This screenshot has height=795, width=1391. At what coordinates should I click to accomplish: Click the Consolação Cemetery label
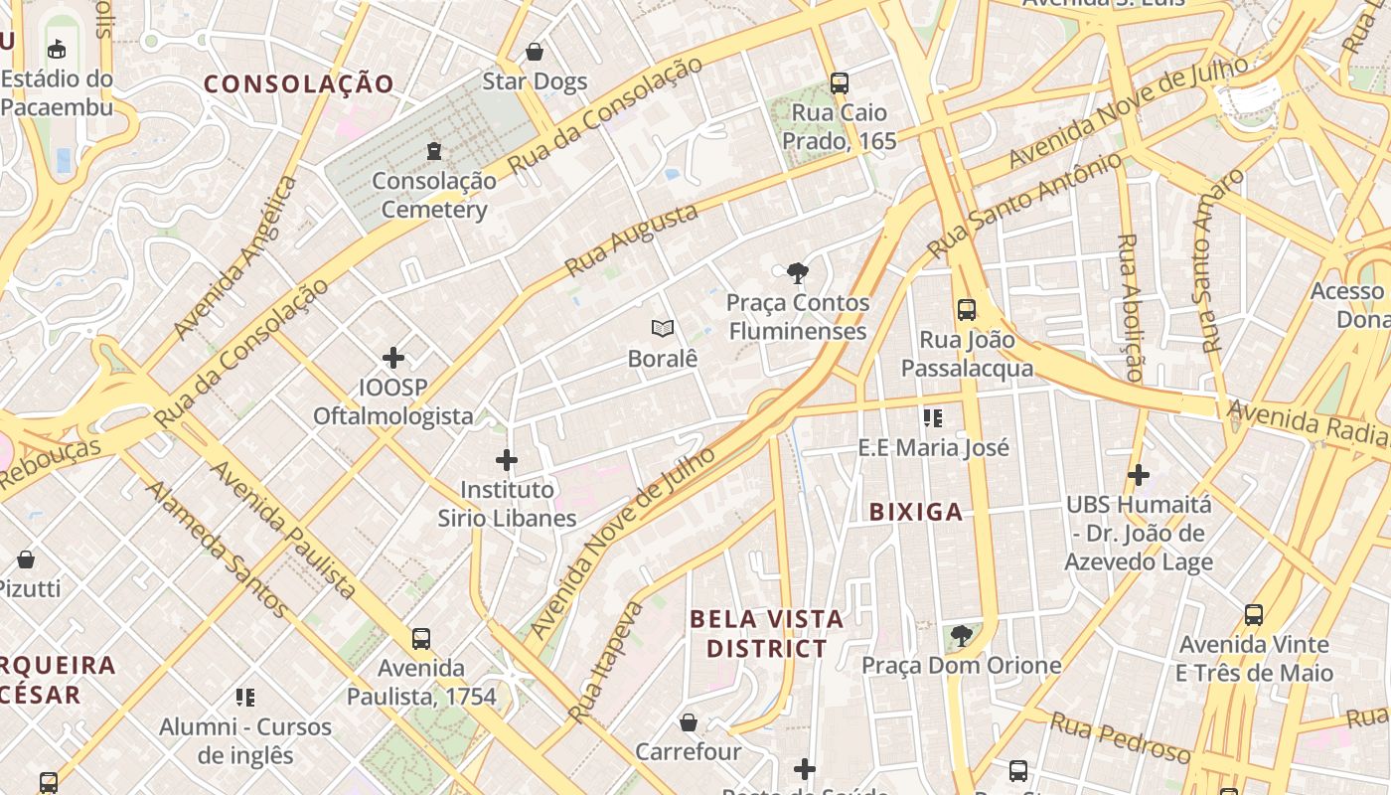click(x=434, y=195)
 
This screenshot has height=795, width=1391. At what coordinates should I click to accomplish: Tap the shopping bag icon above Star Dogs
click(x=535, y=52)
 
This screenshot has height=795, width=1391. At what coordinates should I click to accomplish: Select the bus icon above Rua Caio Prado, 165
click(x=840, y=83)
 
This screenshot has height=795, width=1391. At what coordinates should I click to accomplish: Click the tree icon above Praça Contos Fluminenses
click(x=797, y=273)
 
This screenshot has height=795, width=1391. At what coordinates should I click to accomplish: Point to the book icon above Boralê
click(x=663, y=328)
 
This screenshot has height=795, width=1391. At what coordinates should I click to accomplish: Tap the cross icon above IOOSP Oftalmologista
click(x=393, y=358)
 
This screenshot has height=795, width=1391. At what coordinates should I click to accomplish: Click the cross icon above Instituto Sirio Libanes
click(x=507, y=460)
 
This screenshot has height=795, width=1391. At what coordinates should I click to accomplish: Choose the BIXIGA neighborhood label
click(x=916, y=512)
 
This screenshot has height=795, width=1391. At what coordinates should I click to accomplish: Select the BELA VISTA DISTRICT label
click(x=766, y=634)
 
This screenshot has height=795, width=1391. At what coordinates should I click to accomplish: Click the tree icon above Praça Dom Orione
click(x=961, y=636)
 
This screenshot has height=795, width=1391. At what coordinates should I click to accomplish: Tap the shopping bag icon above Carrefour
click(x=689, y=722)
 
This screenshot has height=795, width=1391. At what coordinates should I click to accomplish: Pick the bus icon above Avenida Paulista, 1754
click(x=421, y=638)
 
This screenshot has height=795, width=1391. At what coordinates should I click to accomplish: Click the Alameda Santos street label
click(x=218, y=550)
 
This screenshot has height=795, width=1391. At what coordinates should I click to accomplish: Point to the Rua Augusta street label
click(x=631, y=240)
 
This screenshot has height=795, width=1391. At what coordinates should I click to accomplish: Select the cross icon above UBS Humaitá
click(x=1139, y=475)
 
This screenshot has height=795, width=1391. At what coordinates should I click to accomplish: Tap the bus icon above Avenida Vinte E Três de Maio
click(x=1254, y=615)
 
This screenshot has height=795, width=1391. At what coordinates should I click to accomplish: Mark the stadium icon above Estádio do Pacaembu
click(x=57, y=49)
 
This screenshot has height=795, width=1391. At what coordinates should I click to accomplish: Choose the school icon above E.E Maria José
click(x=932, y=418)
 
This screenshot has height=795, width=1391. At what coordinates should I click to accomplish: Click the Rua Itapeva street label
click(x=606, y=661)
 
